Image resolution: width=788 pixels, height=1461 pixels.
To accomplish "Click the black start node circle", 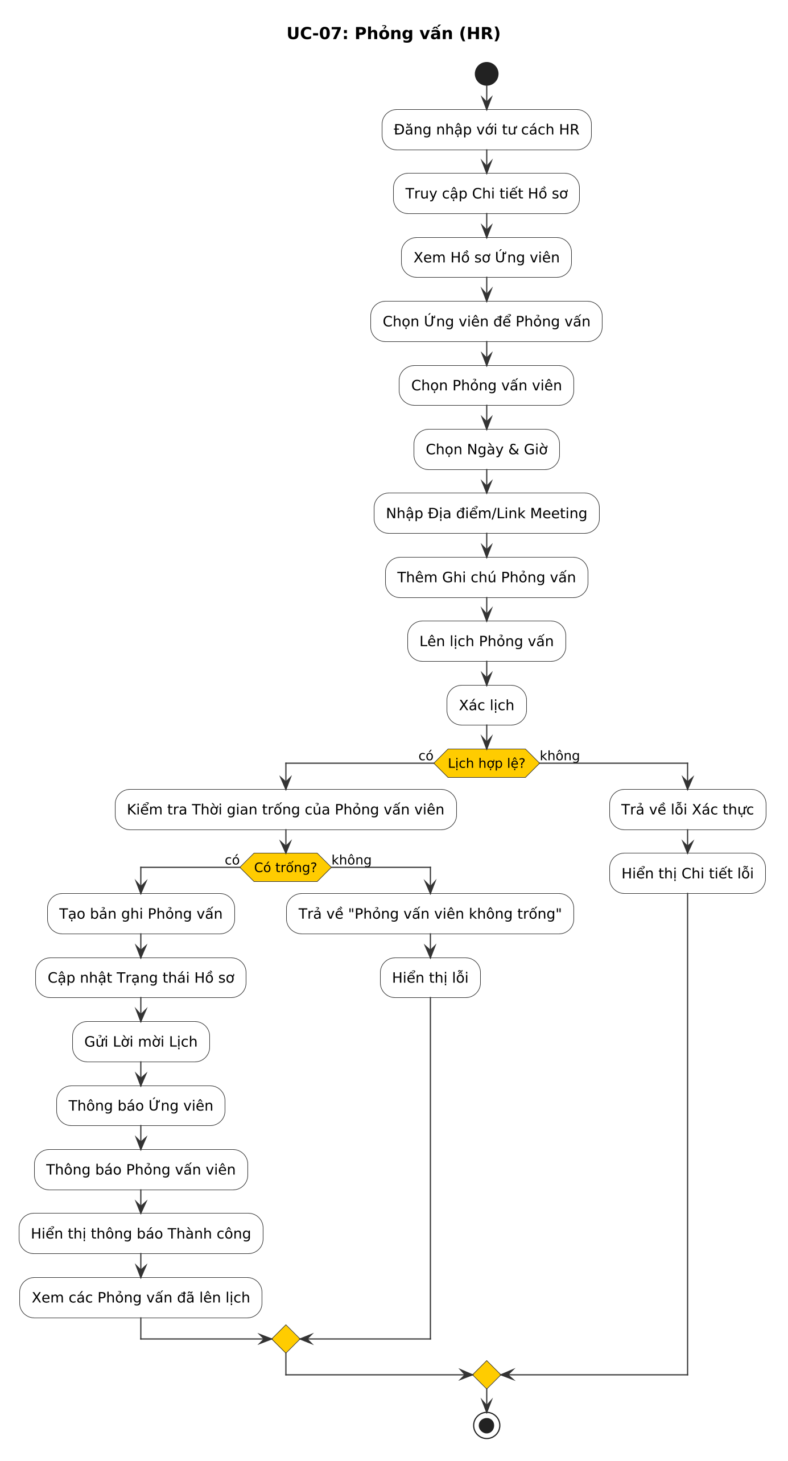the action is (x=486, y=74).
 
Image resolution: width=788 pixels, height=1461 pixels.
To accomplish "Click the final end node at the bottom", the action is (x=486, y=1425).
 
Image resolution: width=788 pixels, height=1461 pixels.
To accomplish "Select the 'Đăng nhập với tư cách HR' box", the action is (x=486, y=130).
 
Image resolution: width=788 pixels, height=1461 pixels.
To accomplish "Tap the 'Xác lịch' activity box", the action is (x=486, y=705).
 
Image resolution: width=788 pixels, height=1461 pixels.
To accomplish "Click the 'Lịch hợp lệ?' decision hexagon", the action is (x=486, y=763).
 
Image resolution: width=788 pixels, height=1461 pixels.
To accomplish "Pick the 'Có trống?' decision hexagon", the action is (x=286, y=867).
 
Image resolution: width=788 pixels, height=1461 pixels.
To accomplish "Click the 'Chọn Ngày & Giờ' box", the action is (x=486, y=449).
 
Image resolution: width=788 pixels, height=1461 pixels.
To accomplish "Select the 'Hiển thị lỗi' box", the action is (x=430, y=977).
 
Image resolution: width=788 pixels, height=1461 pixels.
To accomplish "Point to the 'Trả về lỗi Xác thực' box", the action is (x=687, y=809).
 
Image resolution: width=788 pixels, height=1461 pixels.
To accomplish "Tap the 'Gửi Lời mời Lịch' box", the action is (x=141, y=1042).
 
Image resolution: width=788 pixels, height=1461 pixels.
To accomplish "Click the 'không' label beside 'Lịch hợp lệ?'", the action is (x=560, y=756).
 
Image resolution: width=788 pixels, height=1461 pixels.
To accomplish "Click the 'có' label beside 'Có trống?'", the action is (x=232, y=860).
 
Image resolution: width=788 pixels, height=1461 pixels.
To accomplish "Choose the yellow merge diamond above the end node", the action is (x=486, y=1375).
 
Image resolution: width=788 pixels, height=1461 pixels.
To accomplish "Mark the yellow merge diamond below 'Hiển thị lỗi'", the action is (x=286, y=1339).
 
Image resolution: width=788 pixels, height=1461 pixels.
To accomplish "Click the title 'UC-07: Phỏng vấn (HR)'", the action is (x=394, y=34).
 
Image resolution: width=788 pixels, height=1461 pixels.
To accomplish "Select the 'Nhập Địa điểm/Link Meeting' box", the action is (x=486, y=513).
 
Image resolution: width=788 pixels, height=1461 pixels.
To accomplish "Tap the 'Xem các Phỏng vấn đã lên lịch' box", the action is (x=141, y=1297).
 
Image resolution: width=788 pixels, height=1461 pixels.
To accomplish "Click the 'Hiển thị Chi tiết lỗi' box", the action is (x=687, y=873).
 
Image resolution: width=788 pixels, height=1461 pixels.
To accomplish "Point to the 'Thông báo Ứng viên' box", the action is (x=141, y=1105).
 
